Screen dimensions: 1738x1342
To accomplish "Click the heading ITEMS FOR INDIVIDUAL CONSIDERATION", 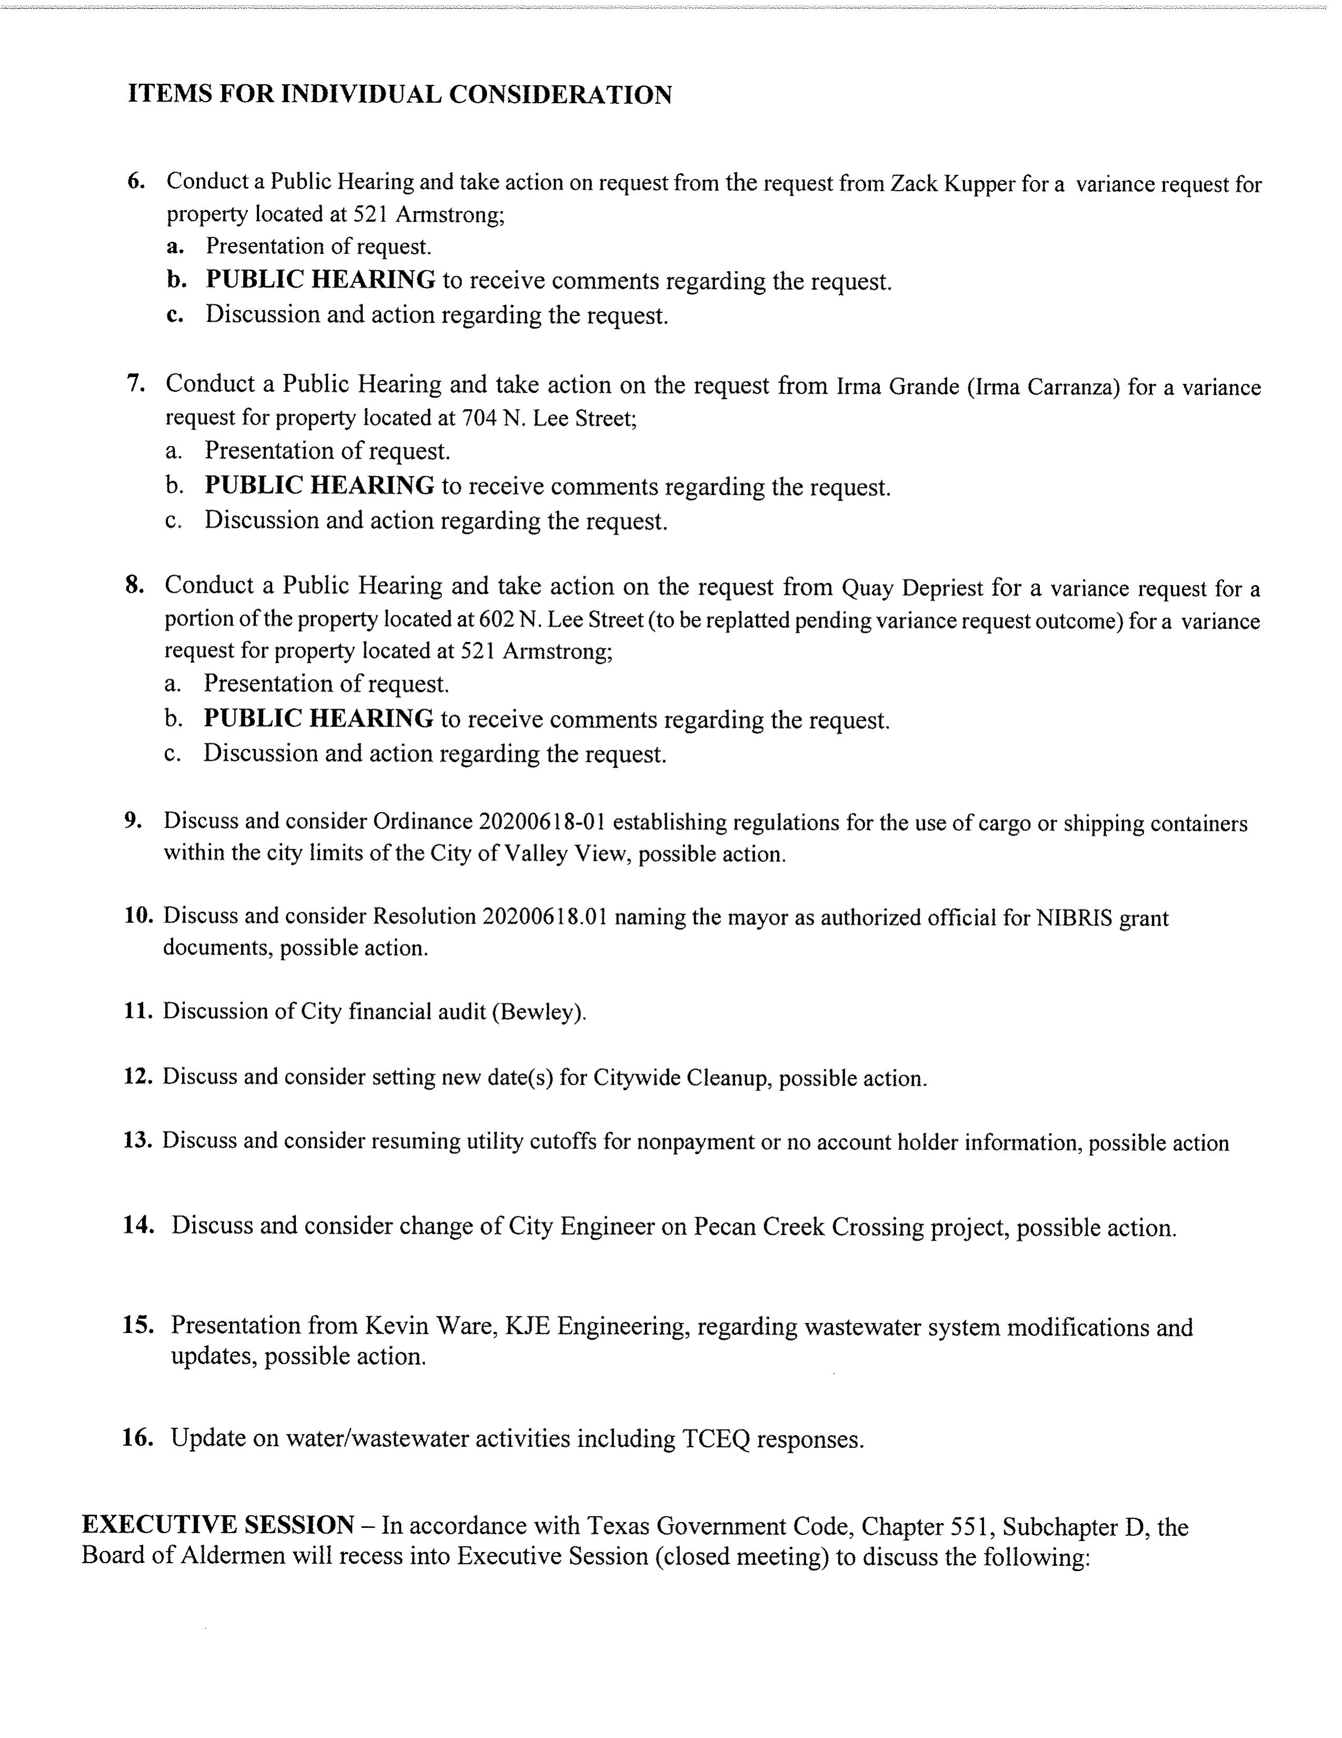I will click(x=399, y=95).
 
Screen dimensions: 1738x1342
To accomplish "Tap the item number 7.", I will click(x=135, y=384).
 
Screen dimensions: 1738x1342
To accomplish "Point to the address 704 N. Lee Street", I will click(x=548, y=418).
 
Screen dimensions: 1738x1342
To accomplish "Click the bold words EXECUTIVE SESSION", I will click(x=218, y=1525).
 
